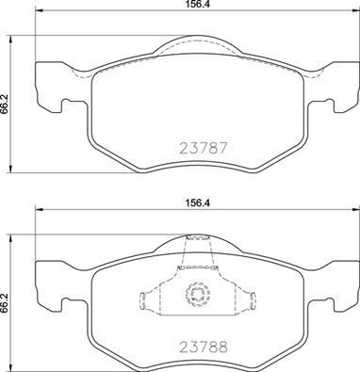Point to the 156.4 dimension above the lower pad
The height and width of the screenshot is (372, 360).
pyautogui.click(x=199, y=198)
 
